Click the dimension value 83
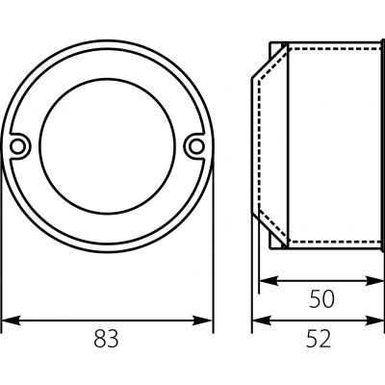pyautogui.click(x=106, y=339)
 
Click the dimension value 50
pyautogui.click(x=321, y=299)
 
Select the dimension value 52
pyautogui.click(x=318, y=339)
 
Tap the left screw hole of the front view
pyautogui.click(x=17, y=146)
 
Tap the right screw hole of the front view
pyautogui.click(x=196, y=146)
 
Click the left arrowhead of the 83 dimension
pyautogui.click(x=11, y=321)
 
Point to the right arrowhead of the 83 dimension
pyautogui.click(x=203, y=321)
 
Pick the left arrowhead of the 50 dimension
pyautogui.click(x=269, y=281)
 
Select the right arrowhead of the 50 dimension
pyautogui.click(x=373, y=281)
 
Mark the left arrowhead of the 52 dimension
pyautogui.click(x=262, y=321)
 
